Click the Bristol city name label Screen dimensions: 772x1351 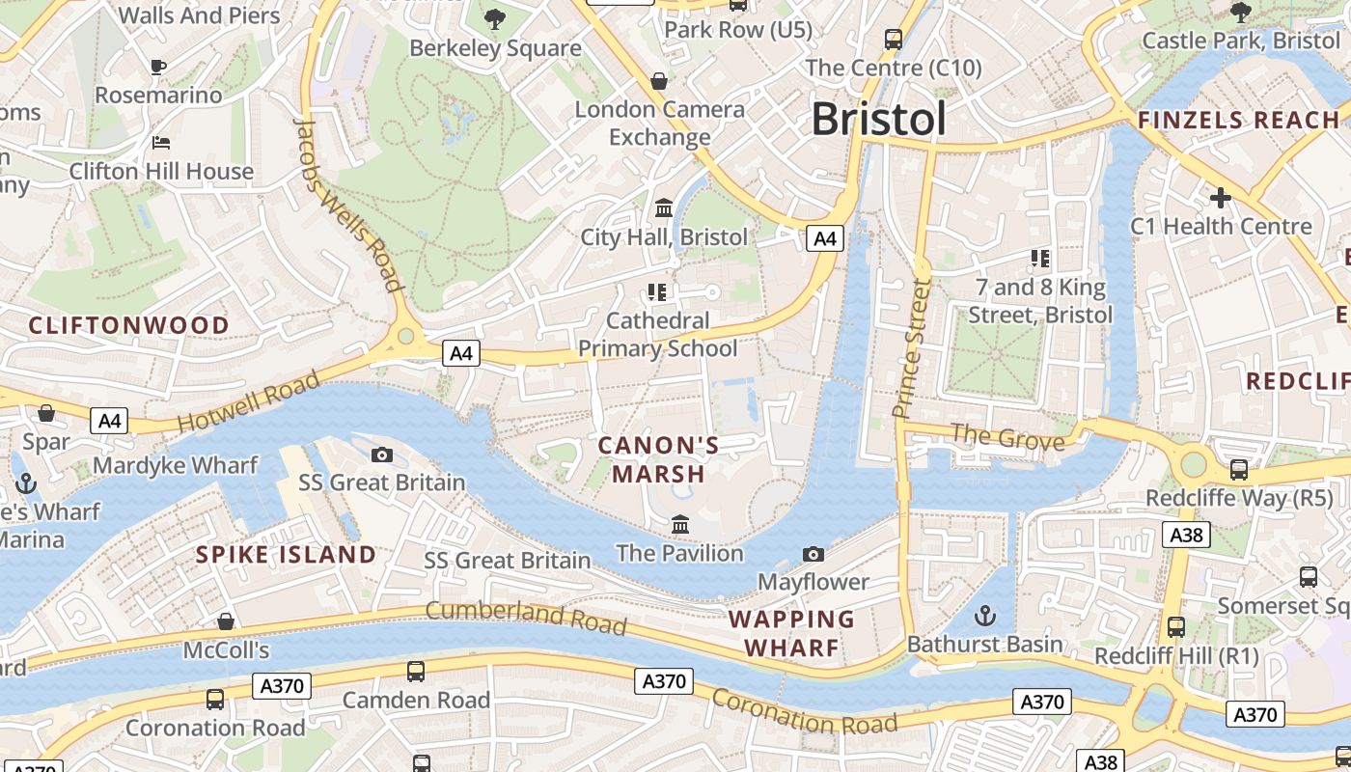[878, 119]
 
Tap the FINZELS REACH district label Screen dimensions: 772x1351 [1239, 121]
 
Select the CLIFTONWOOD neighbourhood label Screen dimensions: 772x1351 [128, 325]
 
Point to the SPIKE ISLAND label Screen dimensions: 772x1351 [286, 555]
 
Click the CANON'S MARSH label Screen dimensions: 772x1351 [659, 459]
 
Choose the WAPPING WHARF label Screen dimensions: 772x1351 [791, 633]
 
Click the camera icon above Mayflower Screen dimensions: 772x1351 [813, 554]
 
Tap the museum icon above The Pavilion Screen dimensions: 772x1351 [680, 524]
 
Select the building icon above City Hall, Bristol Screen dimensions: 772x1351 [664, 207]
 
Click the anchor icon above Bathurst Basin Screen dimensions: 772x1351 [984, 615]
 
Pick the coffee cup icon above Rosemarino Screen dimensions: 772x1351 [158, 67]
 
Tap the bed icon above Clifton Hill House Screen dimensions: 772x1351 [161, 143]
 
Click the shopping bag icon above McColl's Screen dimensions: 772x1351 [226, 620]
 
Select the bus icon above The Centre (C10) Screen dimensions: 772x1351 [894, 40]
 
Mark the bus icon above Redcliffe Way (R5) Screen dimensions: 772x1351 [1238, 470]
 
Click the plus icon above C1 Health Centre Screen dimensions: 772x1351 [1221, 198]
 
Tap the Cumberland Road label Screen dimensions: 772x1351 [526, 618]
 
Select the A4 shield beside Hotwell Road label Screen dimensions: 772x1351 [110, 421]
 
